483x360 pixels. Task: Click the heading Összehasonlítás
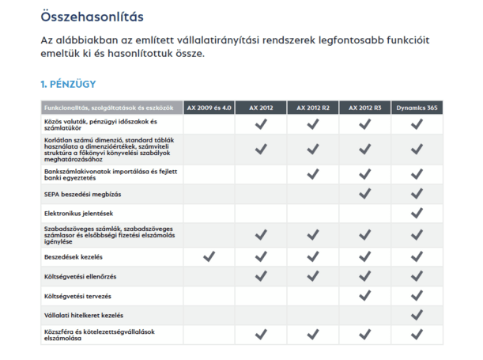click(x=93, y=15)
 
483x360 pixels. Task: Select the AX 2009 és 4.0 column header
click(x=209, y=108)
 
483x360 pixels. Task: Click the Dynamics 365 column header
click(x=417, y=108)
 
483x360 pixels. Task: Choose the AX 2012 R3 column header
click(x=365, y=108)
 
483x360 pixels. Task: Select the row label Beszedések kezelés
click(x=75, y=256)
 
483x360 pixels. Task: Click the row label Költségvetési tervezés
click(x=77, y=296)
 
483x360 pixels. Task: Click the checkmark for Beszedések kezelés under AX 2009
click(x=209, y=256)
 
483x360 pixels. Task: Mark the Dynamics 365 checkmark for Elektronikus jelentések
click(x=417, y=214)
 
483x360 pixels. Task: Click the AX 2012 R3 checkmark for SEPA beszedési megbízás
click(x=365, y=194)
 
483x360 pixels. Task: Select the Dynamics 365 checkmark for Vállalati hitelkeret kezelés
click(x=417, y=315)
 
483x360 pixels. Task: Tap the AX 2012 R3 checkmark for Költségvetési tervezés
click(x=365, y=296)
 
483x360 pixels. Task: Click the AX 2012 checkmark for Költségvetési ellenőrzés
click(x=261, y=276)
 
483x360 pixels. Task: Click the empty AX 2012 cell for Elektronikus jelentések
click(x=261, y=214)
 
